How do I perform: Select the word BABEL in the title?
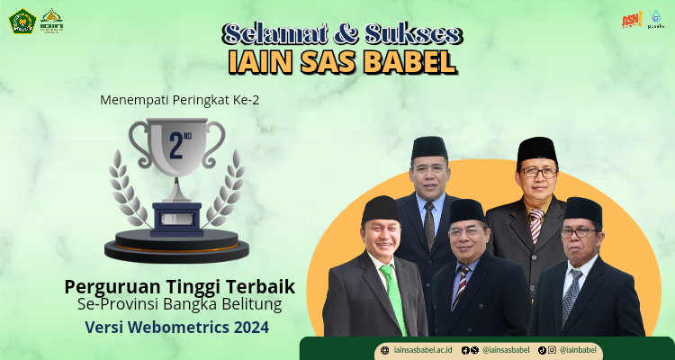click(409, 61)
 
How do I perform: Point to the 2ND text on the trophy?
click(175, 145)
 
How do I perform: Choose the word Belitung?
click(249, 305)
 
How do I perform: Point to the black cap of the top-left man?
click(429, 148)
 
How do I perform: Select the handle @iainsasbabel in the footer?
click(506, 349)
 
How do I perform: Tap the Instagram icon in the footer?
click(552, 349)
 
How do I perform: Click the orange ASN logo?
click(631, 20)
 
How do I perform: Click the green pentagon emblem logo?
click(22, 21)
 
